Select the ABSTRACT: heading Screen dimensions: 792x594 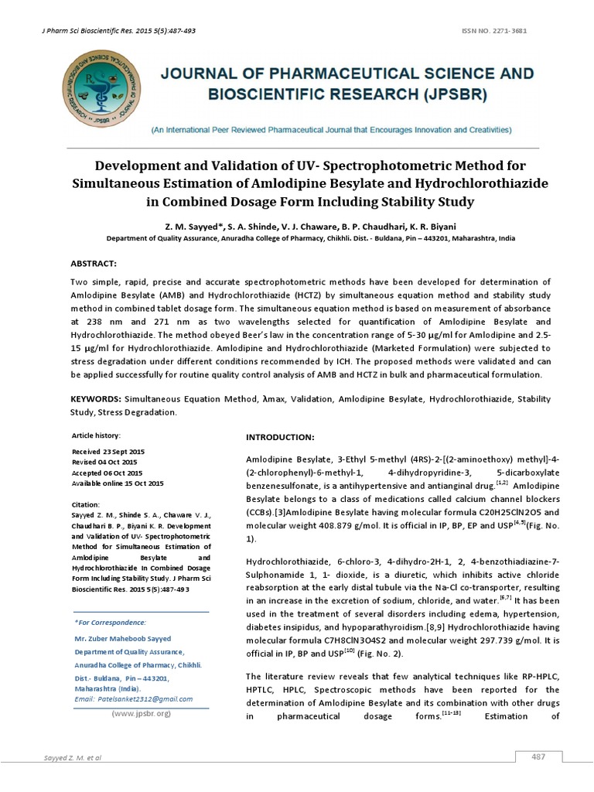93,264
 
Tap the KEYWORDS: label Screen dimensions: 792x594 95,399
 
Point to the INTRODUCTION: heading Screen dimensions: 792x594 280,437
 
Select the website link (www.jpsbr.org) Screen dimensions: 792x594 140,713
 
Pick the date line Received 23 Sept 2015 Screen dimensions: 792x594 108,451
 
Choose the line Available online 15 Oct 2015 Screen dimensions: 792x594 118,483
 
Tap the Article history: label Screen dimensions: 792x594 96,435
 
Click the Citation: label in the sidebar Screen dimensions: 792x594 86,504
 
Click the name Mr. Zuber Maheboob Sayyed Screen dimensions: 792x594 122,639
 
